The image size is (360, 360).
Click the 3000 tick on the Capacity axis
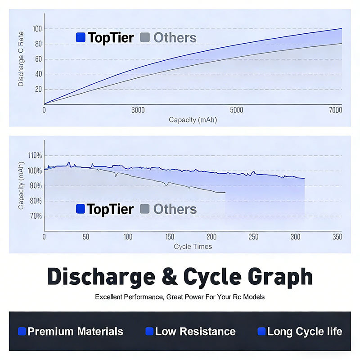click(138, 110)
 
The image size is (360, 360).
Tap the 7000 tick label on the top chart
click(335, 110)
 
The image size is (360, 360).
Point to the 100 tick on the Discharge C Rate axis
click(37, 29)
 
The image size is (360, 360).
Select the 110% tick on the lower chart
click(35, 156)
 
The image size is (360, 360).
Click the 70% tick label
click(36, 216)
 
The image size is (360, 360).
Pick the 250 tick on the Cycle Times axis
click(253, 237)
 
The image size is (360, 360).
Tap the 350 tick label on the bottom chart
click(337, 237)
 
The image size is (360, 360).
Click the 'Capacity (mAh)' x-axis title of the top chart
click(193, 120)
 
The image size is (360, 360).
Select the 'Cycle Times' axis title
click(193, 247)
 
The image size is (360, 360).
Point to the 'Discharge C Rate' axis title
click(21, 59)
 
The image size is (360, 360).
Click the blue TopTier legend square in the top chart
click(81, 37)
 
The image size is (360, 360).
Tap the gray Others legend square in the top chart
click(145, 37)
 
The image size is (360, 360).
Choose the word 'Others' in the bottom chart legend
click(175, 209)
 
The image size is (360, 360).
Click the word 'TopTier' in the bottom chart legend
click(110, 210)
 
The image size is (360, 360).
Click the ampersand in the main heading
click(170, 276)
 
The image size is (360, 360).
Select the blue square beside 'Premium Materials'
click(22, 331)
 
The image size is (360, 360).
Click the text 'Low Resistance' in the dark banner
click(195, 332)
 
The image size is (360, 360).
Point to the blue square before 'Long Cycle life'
click(261, 331)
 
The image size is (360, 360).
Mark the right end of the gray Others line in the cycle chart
click(225, 193)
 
